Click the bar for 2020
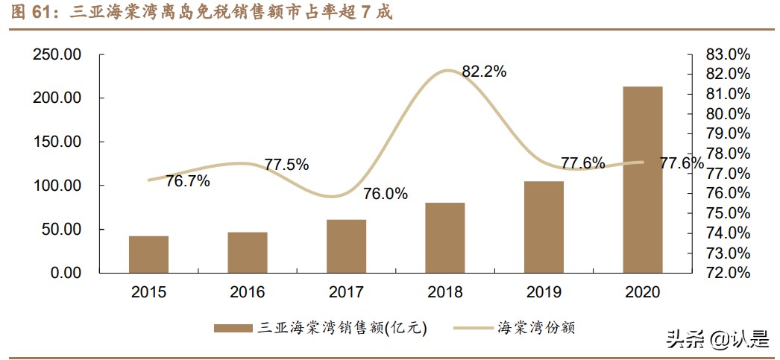point(643,180)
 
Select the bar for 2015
point(148,254)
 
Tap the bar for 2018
point(445,238)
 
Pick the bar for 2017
point(346,246)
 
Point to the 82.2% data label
point(484,72)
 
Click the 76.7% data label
point(187,180)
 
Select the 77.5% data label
point(286,165)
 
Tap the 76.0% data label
point(386,194)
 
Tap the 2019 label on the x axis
point(544,292)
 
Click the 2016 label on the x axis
point(247,292)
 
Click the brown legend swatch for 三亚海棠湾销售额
point(233,328)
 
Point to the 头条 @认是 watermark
point(712,340)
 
